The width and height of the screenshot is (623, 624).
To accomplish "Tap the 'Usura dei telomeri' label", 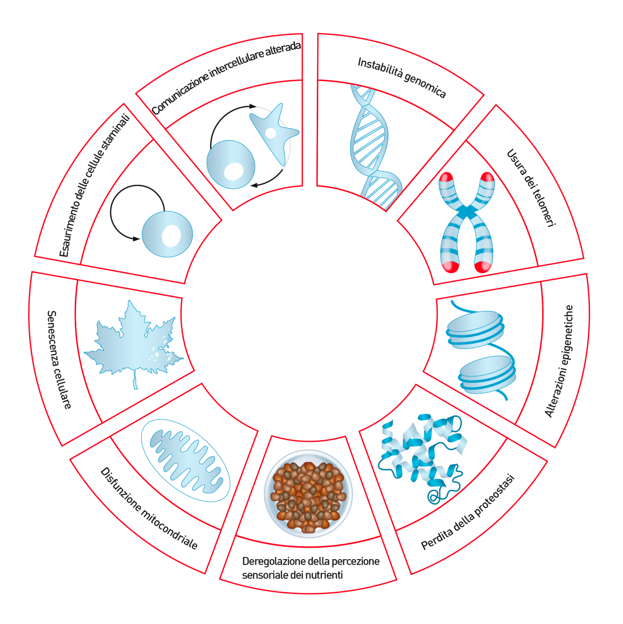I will [x=531, y=187].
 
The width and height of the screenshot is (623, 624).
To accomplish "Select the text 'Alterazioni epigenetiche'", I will [x=559, y=361].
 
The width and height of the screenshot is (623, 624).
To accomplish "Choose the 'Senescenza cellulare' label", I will [x=59, y=359].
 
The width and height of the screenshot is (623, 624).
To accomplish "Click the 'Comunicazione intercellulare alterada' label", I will [x=226, y=78].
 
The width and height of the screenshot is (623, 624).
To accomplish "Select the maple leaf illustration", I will [x=132, y=340].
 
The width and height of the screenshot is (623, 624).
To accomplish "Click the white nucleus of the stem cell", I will [x=171, y=236].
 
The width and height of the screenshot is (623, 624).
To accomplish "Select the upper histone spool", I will [x=475, y=329].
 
